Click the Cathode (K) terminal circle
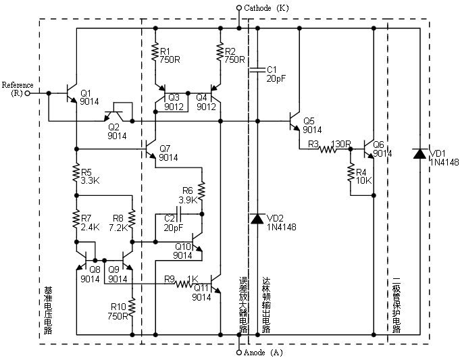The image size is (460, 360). tap(239, 7)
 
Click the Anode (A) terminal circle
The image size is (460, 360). tap(239, 352)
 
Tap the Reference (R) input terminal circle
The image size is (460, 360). tap(27, 93)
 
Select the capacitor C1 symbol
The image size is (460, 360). tap(257, 70)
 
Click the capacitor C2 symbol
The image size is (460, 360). tap(179, 214)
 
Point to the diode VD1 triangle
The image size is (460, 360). tap(419, 154)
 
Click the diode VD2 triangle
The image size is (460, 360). tap(257, 219)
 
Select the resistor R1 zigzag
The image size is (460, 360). tap(155, 52)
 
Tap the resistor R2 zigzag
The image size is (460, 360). tap(220, 52)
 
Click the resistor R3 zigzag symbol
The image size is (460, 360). tap(328, 149)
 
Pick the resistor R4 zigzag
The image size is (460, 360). tap(351, 173)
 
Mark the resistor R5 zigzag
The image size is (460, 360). tap(76, 173)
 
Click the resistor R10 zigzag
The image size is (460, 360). tap(132, 307)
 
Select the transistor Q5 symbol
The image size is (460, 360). tap(295, 121)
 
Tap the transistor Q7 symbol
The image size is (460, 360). tap(151, 149)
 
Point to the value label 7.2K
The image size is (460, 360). tap(118, 228)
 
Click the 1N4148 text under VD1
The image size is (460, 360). tap(444, 162)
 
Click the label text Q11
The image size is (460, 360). tap(201, 287)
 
